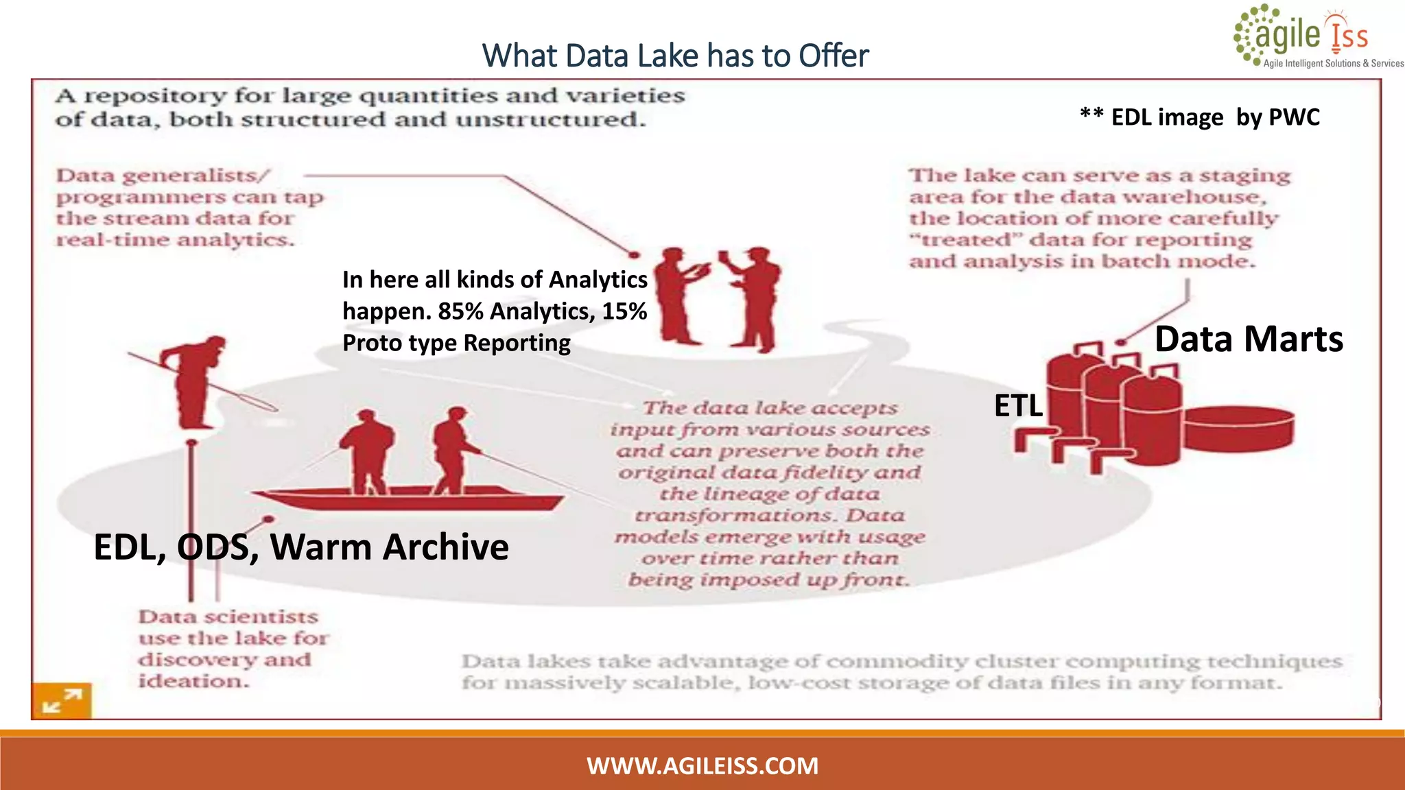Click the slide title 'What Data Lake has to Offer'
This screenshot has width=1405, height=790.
pos(675,56)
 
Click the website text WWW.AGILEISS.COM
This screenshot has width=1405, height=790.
pos(702,765)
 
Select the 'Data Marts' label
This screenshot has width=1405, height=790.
pos(1249,339)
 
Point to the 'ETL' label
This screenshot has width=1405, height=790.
pos(1018,406)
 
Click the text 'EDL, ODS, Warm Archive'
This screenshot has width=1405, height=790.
pos(301,547)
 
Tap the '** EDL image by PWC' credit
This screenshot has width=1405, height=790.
pos(1200,117)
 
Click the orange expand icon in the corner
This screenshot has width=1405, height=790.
pos(62,701)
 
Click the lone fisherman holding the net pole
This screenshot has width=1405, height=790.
pos(196,381)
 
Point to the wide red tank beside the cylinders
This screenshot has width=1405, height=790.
pos(1238,429)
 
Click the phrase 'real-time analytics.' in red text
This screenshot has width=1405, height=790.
pos(176,240)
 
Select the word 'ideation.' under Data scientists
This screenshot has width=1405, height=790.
pos(194,681)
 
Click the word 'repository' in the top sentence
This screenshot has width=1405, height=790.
pos(155,96)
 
